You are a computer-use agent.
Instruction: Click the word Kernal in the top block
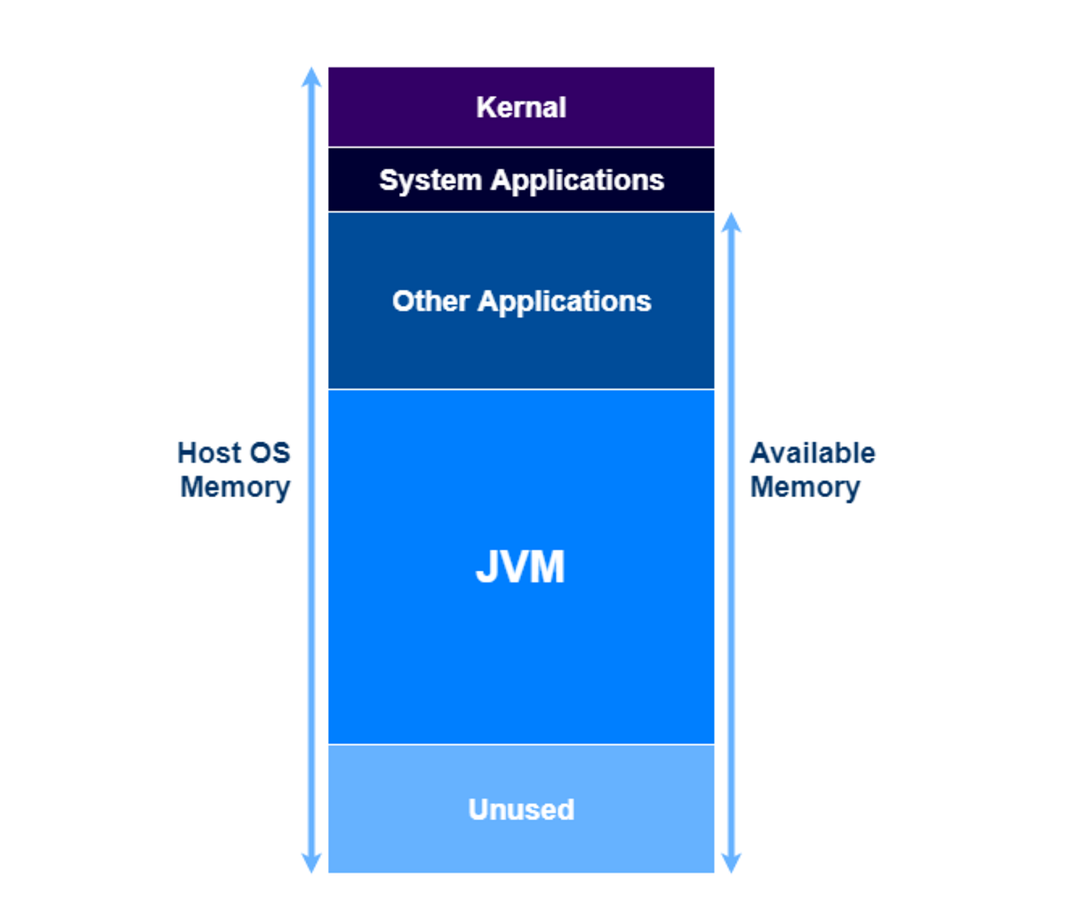[521, 108]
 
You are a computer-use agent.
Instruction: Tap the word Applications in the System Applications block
[577, 180]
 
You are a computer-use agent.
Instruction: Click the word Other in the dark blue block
[430, 301]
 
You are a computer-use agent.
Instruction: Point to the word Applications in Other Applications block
[565, 301]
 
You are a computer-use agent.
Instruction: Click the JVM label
[520, 566]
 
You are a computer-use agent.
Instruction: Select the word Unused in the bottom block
[521, 809]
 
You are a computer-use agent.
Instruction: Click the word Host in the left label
[208, 453]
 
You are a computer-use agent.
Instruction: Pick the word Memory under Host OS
[235, 487]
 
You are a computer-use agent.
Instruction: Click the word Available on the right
[813, 453]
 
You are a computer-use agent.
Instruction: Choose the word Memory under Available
[805, 487]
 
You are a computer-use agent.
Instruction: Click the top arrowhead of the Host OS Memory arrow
[311, 76]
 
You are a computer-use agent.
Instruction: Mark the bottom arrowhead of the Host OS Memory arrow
[311, 863]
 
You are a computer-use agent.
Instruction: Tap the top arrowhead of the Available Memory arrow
[731, 221]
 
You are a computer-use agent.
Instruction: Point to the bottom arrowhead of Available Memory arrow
[731, 863]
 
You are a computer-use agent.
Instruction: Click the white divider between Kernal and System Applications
[521, 148]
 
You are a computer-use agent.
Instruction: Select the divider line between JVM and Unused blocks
[521, 744]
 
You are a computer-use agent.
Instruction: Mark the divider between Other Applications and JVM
[521, 389]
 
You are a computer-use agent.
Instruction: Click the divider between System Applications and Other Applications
[521, 212]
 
